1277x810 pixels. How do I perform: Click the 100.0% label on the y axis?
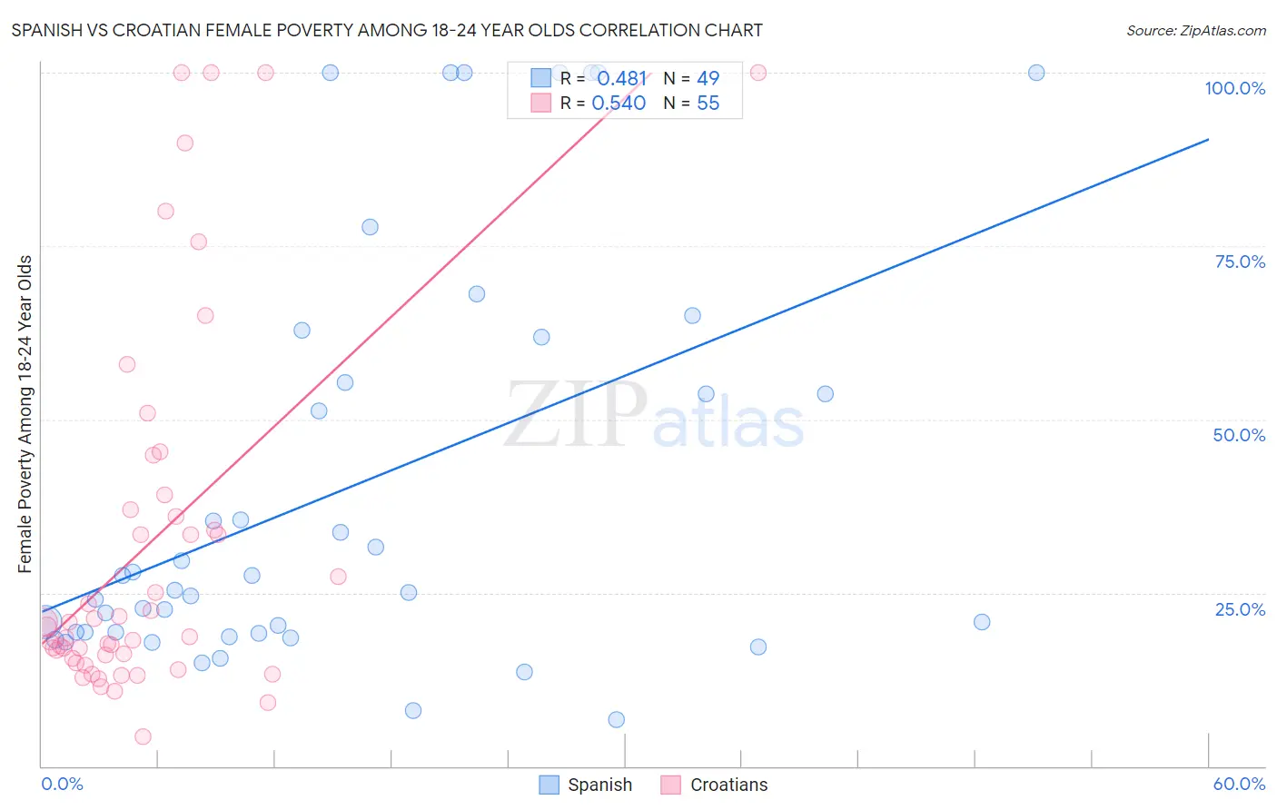[x=1234, y=88]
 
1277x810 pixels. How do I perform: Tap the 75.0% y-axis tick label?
[x=1240, y=262]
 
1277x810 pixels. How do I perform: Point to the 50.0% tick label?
[x=1239, y=435]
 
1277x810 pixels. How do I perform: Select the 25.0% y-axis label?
[x=1240, y=609]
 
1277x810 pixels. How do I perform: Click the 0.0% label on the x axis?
[x=62, y=784]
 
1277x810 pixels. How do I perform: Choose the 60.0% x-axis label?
[x=1239, y=784]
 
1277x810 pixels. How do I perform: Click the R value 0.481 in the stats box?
[x=621, y=79]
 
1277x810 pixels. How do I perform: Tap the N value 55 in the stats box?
[x=708, y=104]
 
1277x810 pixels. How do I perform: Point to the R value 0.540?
[x=619, y=104]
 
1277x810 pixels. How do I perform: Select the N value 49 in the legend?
[x=708, y=79]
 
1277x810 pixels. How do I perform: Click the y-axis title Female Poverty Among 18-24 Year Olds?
[x=25, y=414]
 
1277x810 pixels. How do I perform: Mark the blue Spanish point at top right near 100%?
[x=1036, y=73]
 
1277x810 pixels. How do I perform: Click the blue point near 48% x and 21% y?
[x=982, y=622]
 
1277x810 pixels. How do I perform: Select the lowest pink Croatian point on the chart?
[x=143, y=736]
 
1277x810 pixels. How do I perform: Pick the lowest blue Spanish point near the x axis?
[x=617, y=719]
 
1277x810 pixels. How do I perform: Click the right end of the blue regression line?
[x=1208, y=139]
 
